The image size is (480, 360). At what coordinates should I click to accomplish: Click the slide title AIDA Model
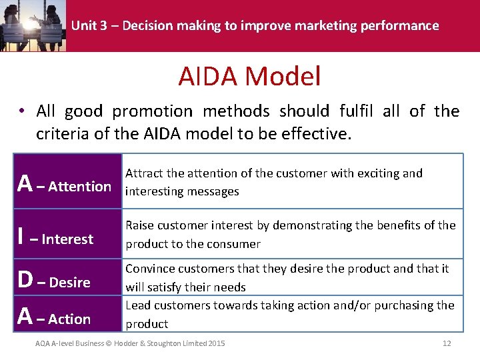249,76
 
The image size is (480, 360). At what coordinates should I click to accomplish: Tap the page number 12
447,343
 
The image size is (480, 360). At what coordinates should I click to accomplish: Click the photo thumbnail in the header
33,25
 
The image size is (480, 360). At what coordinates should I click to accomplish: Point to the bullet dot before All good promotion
23,112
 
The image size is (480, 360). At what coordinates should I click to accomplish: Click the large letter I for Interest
22,237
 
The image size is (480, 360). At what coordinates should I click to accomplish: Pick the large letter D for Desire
25,281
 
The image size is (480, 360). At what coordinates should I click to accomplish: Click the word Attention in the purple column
80,187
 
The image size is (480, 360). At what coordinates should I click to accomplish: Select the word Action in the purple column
69,319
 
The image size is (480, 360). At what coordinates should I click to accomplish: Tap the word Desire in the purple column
70,283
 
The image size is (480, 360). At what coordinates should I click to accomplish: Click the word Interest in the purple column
67,239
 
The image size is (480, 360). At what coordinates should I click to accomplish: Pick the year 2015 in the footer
215,343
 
